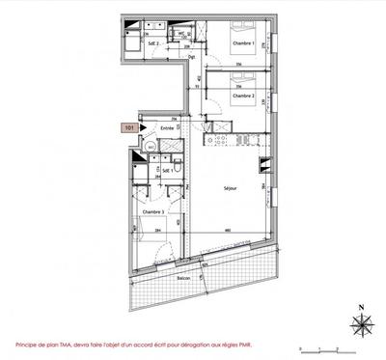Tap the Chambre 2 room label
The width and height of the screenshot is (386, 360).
243,96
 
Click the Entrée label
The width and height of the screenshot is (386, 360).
167,125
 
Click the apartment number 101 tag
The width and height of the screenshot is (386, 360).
128,125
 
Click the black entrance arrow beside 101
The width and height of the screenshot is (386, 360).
143,125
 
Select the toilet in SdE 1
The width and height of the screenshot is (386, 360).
152,147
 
